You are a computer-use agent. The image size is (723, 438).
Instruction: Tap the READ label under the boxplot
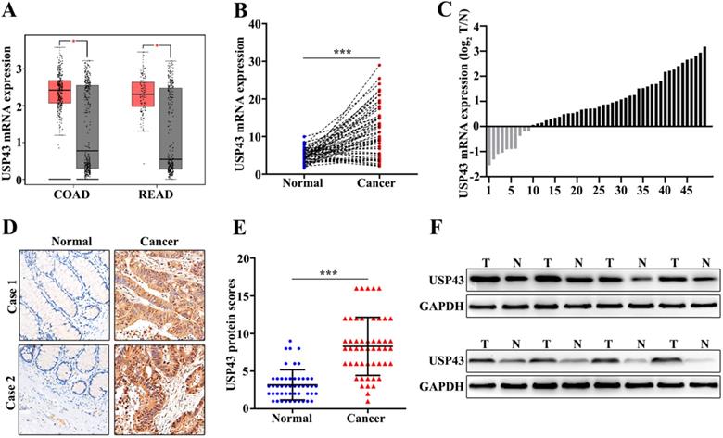(155, 195)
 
